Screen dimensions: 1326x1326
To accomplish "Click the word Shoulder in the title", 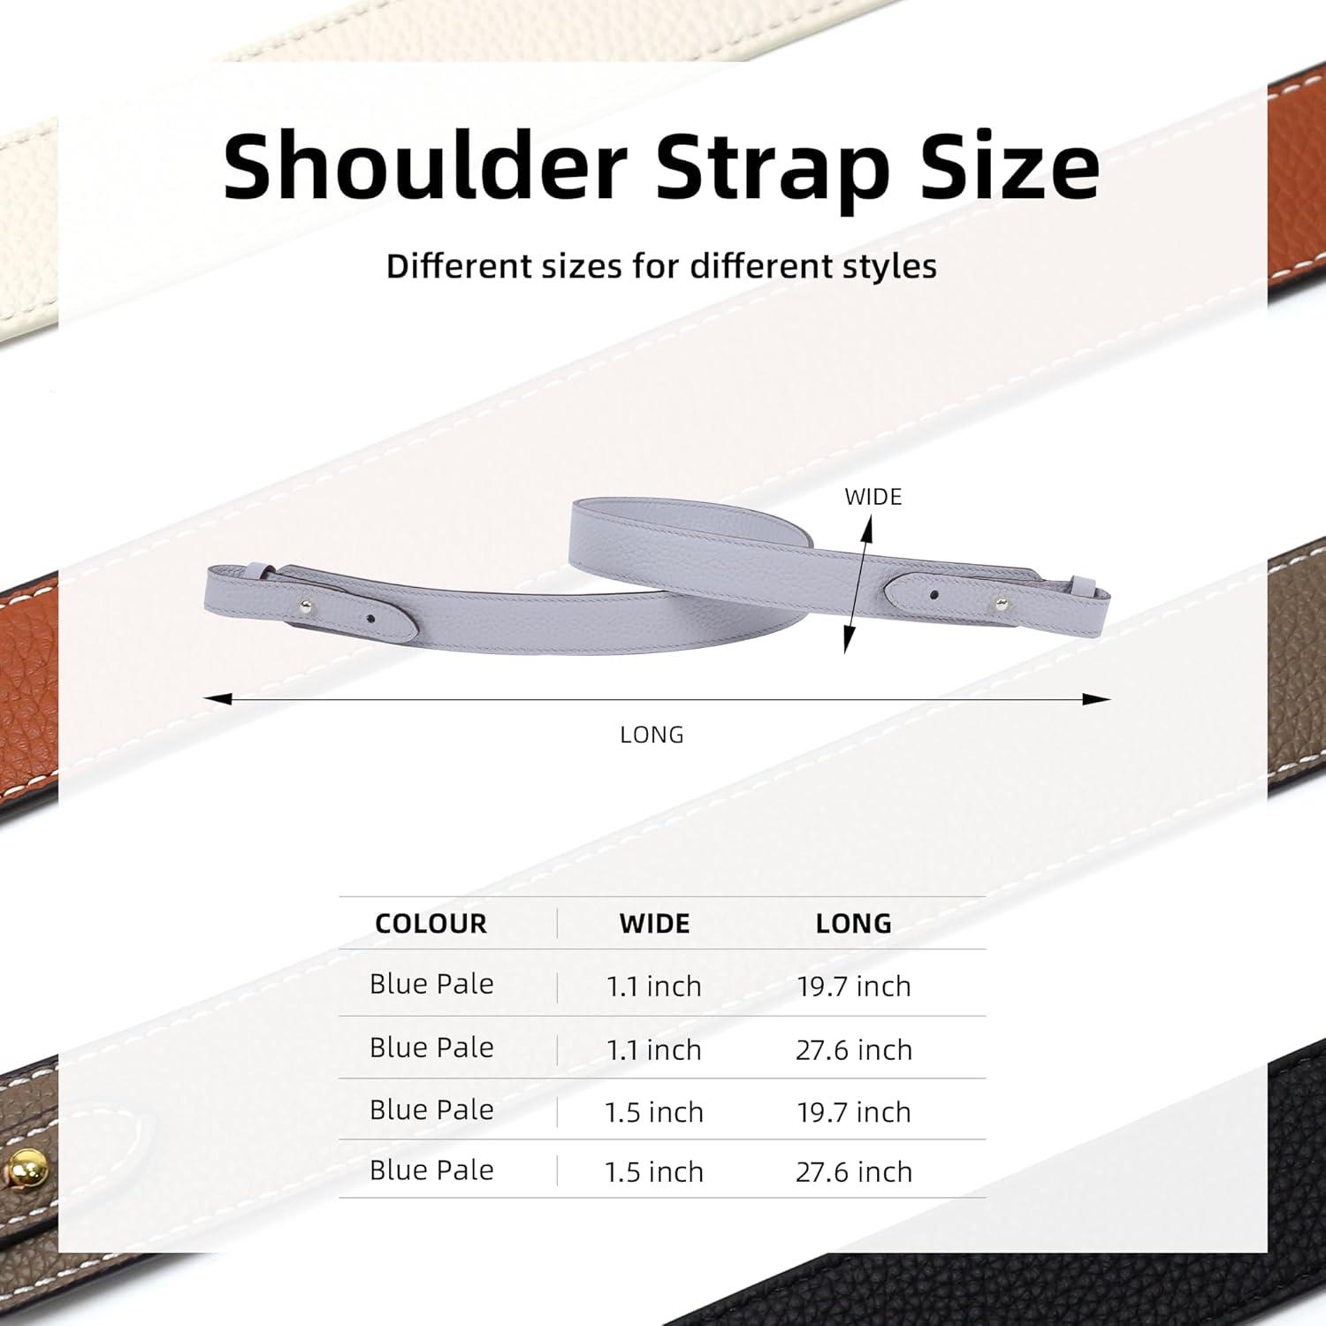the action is pos(425,165).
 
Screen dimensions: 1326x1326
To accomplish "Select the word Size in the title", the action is pos(1010,165).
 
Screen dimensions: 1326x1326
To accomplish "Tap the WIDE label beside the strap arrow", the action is pos(873,497).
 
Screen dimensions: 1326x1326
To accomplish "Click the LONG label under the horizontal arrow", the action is pos(652,735).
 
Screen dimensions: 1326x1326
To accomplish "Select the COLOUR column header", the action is pos(431,924).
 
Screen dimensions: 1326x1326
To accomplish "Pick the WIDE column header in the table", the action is pos(654,924).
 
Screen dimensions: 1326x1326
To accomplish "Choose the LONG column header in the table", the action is pos(853,924).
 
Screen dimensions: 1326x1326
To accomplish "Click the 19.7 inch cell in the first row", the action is pos(853,987).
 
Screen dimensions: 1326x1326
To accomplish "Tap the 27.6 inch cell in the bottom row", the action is pos(853,1172).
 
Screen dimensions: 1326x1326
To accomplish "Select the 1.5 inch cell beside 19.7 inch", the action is pos(654,1112).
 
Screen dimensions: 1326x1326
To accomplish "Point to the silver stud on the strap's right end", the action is pos(1000,604).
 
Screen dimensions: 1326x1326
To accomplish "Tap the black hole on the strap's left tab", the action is pos(370,619).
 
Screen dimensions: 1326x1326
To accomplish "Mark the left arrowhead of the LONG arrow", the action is pos(217,699).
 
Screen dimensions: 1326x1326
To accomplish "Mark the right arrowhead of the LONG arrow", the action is pos(1097,699).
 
